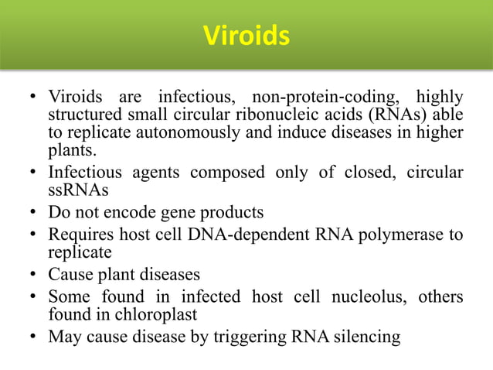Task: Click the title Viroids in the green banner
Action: coord(246,36)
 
